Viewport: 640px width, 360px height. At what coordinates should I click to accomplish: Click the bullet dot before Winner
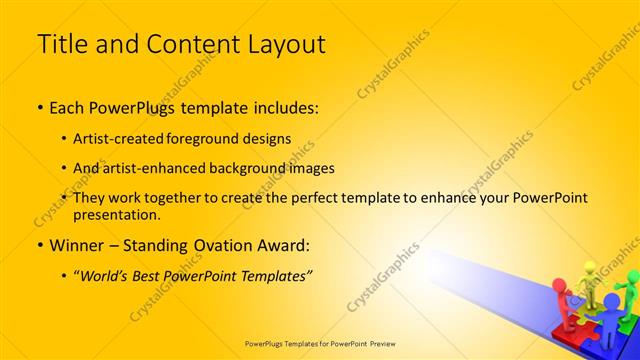click(39, 246)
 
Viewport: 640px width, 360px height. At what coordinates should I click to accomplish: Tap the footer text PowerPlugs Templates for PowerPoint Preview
click(320, 343)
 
